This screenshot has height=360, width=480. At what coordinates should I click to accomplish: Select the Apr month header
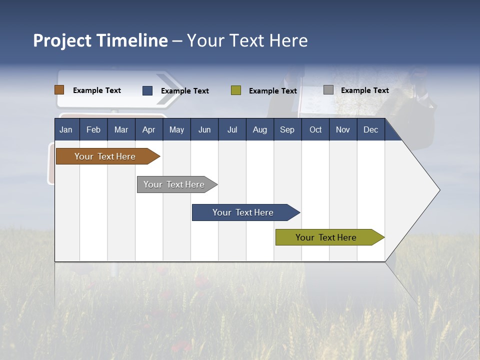[149, 129]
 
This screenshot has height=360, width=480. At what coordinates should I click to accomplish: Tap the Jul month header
[232, 129]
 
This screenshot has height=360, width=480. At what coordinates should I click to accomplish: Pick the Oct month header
[315, 129]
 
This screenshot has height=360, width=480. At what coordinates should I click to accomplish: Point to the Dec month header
[371, 129]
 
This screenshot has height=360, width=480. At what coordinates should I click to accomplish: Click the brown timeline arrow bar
[108, 156]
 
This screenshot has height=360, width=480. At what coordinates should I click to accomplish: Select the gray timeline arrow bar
[177, 184]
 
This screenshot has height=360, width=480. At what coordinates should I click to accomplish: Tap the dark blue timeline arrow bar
[246, 212]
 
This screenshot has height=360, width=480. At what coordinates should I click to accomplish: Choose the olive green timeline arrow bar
[330, 237]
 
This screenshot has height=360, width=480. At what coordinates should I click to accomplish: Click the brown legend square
[59, 89]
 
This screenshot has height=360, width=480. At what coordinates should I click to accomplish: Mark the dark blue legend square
[147, 90]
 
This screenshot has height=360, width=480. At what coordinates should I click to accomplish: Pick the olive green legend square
[236, 90]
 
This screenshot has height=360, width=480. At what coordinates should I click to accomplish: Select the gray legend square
[328, 89]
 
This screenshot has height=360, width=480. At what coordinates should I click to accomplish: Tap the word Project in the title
[62, 41]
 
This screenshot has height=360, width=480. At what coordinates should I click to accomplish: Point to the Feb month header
[93, 129]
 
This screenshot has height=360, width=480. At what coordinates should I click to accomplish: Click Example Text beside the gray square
[365, 90]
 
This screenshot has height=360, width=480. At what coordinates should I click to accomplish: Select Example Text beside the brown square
[97, 90]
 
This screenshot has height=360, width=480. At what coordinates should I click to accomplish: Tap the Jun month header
[204, 129]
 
